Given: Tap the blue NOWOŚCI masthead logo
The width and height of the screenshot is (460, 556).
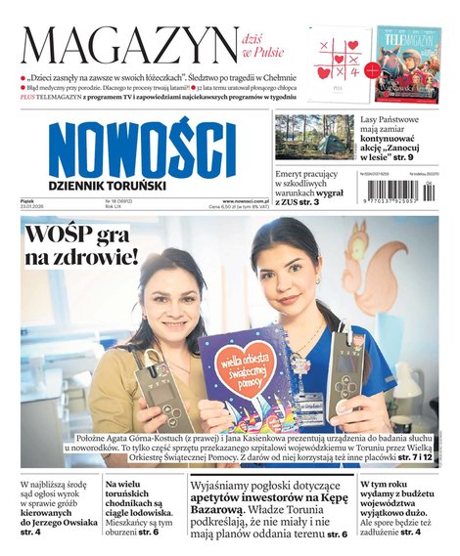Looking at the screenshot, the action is (x=142, y=150).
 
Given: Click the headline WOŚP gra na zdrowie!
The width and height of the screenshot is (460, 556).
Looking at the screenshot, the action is (x=83, y=248).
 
